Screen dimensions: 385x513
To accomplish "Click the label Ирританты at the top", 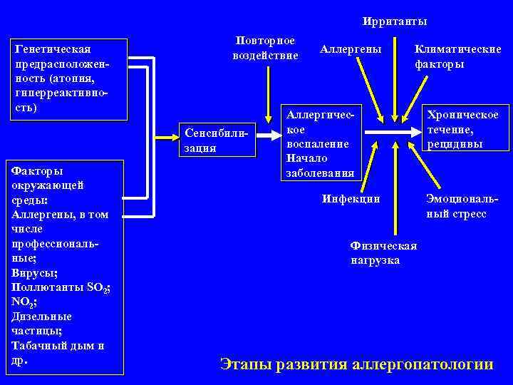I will pyautogui.click(x=394, y=22).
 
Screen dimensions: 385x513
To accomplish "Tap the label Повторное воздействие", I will pyautogui.click(x=265, y=48).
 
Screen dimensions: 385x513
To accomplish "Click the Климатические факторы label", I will pyautogui.click(x=458, y=57).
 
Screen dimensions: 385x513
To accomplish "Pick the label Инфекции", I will pyautogui.click(x=351, y=199).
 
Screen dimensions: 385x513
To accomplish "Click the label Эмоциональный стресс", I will pyautogui.click(x=456, y=206).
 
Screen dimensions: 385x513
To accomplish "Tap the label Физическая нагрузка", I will pyautogui.click(x=384, y=253).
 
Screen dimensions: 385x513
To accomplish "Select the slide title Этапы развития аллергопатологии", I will pyautogui.click(x=356, y=364).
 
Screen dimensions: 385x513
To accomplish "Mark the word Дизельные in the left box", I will pyautogui.click(x=41, y=317).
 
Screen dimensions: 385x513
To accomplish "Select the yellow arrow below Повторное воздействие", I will pyautogui.click(x=268, y=93).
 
